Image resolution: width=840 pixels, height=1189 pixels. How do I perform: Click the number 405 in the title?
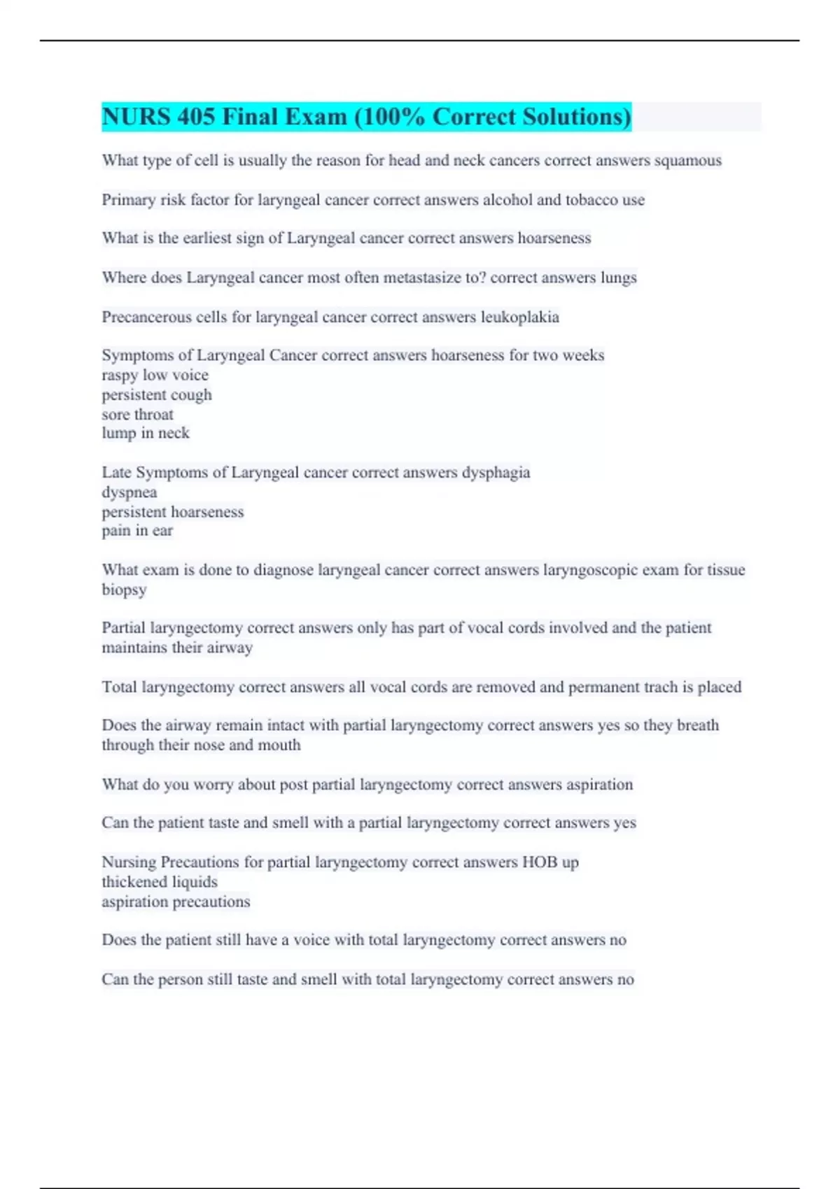(195, 117)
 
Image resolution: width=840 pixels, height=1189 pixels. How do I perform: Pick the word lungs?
(618, 278)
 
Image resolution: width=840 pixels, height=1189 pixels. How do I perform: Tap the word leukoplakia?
(520, 318)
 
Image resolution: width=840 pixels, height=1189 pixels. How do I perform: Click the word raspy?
(120, 376)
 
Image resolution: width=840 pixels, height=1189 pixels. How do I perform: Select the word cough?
(191, 395)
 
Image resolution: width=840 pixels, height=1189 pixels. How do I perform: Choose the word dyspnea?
(129, 492)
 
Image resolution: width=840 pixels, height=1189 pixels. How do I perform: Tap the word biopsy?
(124, 590)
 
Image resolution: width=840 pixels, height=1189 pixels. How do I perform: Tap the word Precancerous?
(146, 318)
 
